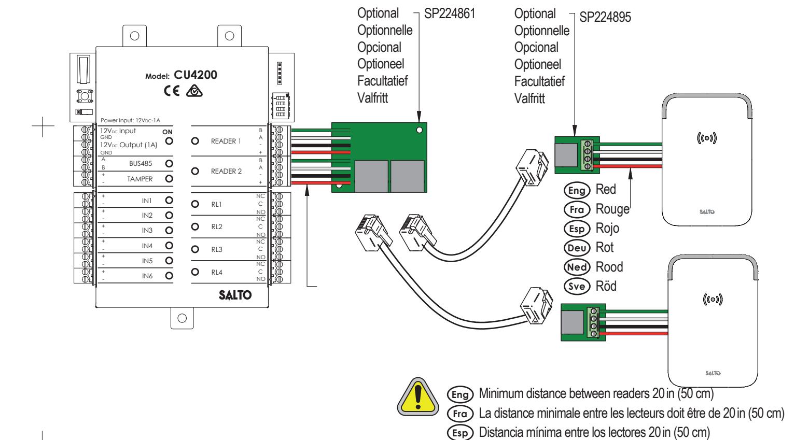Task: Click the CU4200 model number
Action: coord(196,75)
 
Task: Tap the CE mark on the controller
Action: coord(172,91)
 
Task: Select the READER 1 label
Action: coord(226,141)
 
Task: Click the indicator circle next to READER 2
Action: coord(195,171)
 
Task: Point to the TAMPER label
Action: coord(140,179)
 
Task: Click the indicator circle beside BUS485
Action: coord(169,164)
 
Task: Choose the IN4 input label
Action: coord(147,246)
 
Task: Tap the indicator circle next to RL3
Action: coord(195,249)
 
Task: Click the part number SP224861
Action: coord(450,13)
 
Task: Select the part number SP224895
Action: coord(605,17)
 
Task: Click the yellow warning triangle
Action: coord(418,396)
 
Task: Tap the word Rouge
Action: coord(612,209)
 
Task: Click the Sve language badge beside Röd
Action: coord(577,286)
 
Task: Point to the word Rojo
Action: coord(607,228)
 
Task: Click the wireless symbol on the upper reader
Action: coord(707,138)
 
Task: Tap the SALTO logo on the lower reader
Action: coord(713,373)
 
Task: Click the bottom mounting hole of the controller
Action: coord(182,318)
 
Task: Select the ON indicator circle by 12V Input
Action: coord(169,141)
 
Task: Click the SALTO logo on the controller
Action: coord(235,295)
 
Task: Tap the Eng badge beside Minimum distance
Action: coord(460,394)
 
